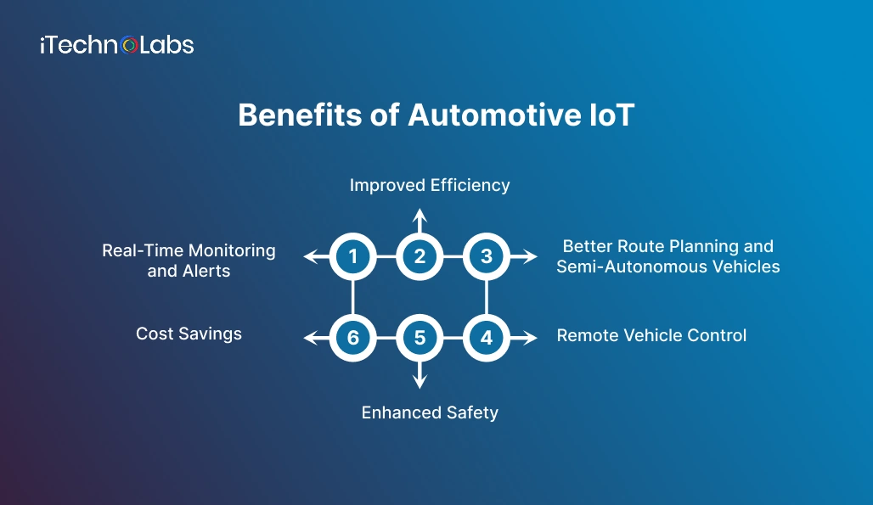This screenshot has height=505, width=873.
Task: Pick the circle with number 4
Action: pyautogui.click(x=487, y=338)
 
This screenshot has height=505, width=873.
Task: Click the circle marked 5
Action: pyautogui.click(x=420, y=338)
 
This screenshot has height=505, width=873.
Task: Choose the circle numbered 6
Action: pyautogui.click(x=352, y=338)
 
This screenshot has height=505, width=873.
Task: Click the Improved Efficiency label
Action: pyautogui.click(x=430, y=185)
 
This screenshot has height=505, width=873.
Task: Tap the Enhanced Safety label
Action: pyautogui.click(x=430, y=412)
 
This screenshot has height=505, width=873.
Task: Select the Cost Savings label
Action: pyautogui.click(x=189, y=334)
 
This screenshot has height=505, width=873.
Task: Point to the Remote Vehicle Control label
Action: pyautogui.click(x=651, y=335)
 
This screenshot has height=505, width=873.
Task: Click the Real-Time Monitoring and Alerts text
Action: pyautogui.click(x=189, y=261)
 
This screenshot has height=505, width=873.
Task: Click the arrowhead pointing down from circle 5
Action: pyautogui.click(x=420, y=383)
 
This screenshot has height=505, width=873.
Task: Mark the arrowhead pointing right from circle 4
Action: pyautogui.click(x=532, y=338)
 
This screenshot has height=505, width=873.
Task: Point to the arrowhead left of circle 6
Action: pyautogui.click(x=310, y=338)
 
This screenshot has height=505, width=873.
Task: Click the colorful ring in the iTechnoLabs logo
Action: pyautogui.click(x=129, y=45)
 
